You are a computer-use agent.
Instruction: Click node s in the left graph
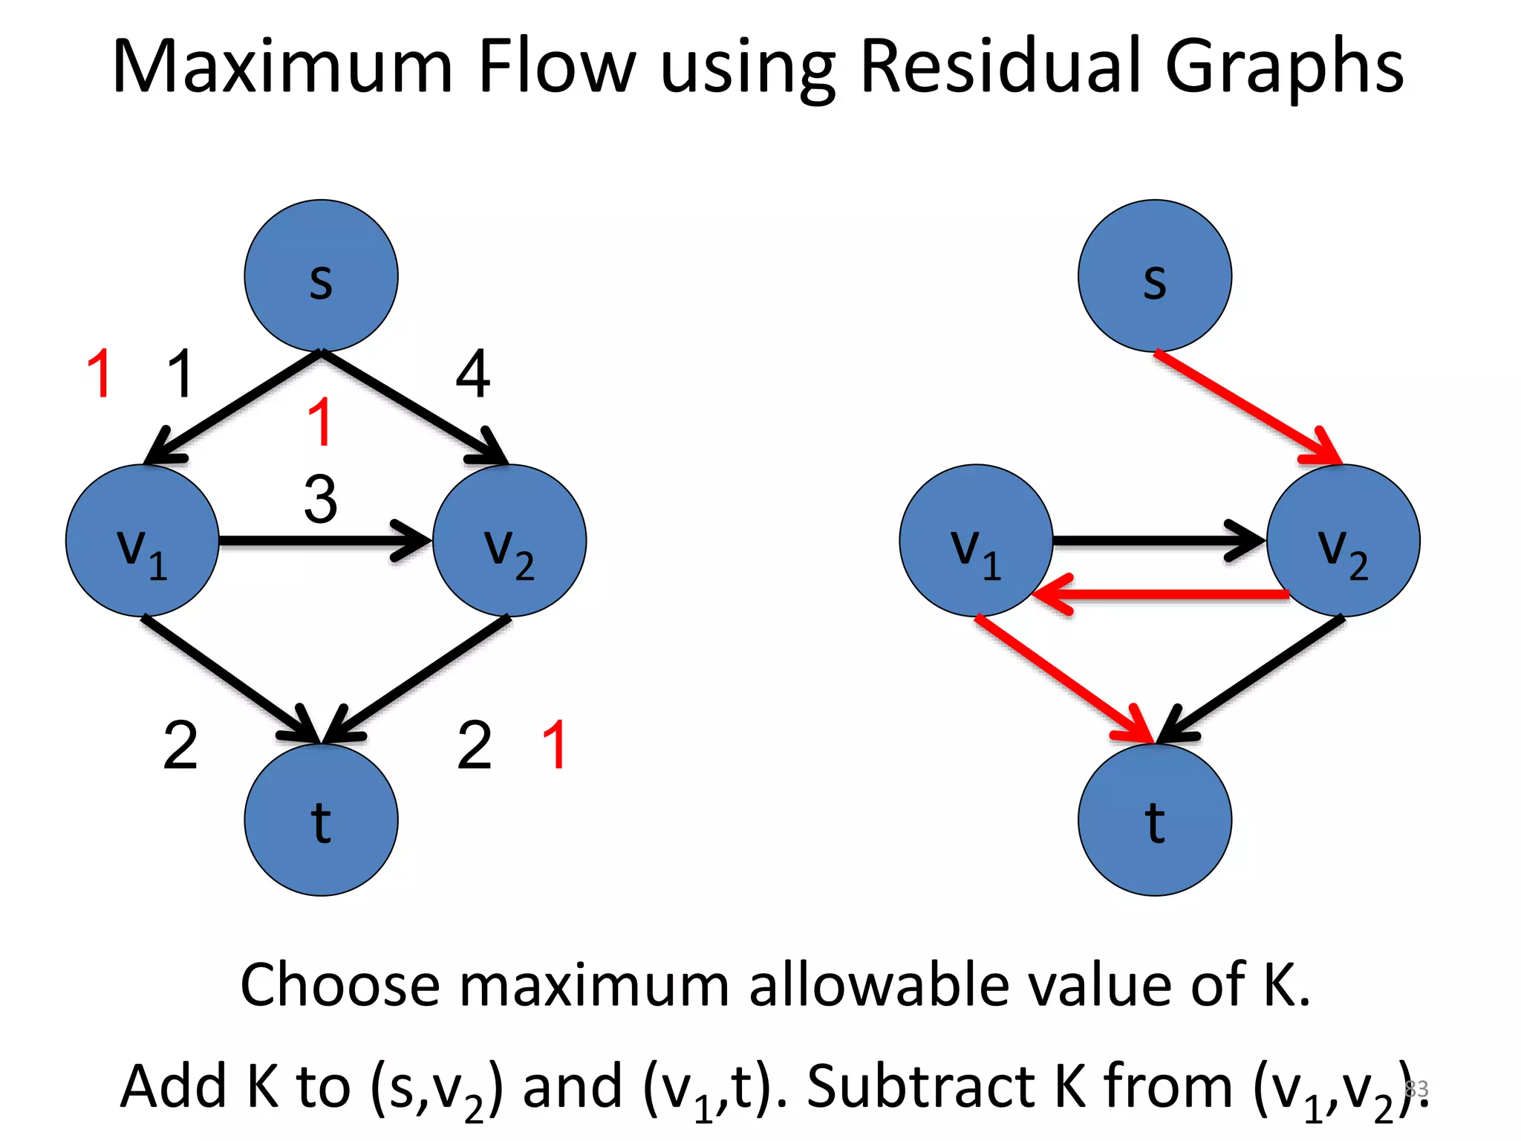coord(321,276)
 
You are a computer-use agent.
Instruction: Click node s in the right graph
coord(1154,276)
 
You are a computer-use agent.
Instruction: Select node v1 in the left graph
coord(143,541)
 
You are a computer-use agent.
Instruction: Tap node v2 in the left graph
coord(509,541)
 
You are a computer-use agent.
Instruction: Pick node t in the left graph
coord(321,820)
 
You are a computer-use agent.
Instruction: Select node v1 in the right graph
coord(976,541)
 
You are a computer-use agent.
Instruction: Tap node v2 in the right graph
coord(1343,541)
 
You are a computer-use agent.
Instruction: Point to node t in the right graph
coord(1154,820)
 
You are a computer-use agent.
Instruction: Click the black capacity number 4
coord(473,374)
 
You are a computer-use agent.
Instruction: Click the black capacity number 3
coord(321,499)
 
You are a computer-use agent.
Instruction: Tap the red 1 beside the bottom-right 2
coord(555,744)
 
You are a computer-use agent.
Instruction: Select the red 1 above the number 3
coord(320,422)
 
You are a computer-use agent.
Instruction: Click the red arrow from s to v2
coord(1248,408)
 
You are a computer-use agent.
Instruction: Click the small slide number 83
coord(1416,1088)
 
